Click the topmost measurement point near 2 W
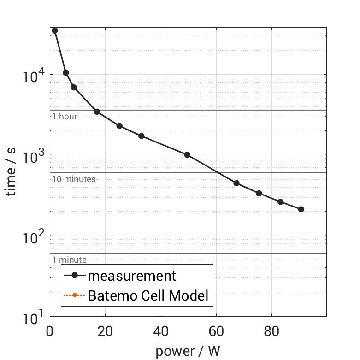coord(55,30)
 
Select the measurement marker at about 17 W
coord(97,112)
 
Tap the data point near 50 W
coord(187,155)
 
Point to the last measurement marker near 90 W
coord(301,209)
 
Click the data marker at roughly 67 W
coord(236,183)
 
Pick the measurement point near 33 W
coord(142,136)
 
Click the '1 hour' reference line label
coord(65,117)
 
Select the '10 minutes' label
coord(74,179)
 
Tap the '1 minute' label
coord(69,260)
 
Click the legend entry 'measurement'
coord(132,276)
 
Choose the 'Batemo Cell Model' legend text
coord(148,295)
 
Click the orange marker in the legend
coord(74,295)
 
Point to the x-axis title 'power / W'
coord(188,351)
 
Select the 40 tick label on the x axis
coord(161,331)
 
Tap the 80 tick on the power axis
coord(271,331)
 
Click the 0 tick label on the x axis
coord(50,331)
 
